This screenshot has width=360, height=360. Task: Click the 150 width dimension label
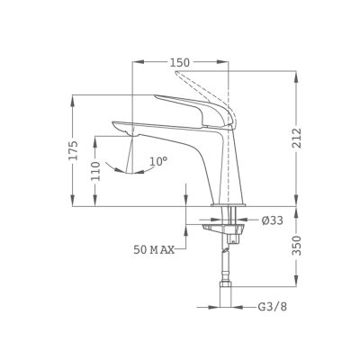(x=180, y=63)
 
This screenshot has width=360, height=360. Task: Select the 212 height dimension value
(x=296, y=139)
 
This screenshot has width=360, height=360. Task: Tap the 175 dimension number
(x=73, y=149)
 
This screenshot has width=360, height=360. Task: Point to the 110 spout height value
(x=95, y=171)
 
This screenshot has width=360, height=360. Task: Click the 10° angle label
(x=158, y=161)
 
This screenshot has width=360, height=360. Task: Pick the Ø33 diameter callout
(x=272, y=220)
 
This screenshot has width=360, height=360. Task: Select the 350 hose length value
(x=296, y=246)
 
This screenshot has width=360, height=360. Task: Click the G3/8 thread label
(x=273, y=307)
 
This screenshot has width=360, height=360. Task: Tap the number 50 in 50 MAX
(x=139, y=249)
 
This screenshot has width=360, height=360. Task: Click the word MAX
(x=162, y=249)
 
